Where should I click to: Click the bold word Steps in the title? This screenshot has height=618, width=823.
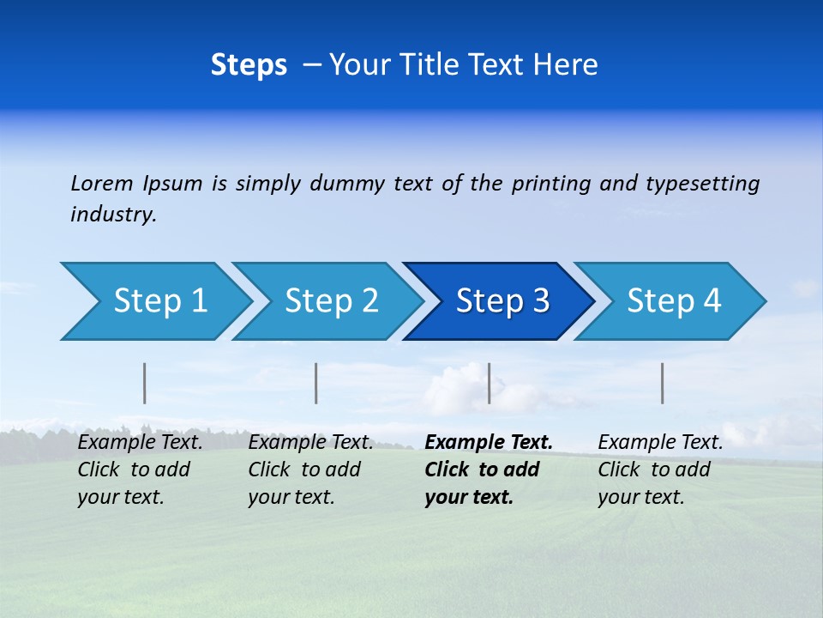(249, 65)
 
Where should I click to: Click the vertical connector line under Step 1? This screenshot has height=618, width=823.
(145, 383)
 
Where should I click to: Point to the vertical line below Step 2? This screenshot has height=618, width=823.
(316, 383)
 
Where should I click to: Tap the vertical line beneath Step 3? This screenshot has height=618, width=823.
(489, 383)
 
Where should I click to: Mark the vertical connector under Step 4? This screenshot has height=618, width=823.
(663, 383)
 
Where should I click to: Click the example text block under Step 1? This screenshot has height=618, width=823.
(140, 470)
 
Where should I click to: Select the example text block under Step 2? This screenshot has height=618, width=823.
(310, 470)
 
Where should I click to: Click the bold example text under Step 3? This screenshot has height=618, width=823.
(488, 470)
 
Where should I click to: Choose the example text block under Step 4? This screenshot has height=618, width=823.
(659, 470)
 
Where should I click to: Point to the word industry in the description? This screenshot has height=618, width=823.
(112, 215)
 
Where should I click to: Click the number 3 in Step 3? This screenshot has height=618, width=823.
(540, 301)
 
